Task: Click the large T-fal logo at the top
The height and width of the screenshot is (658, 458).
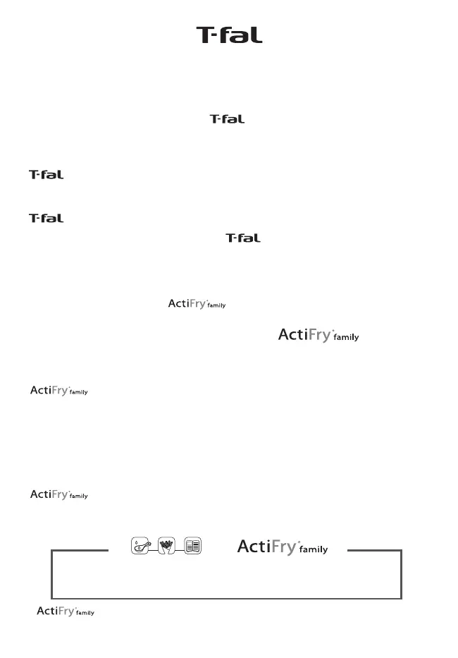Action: pyautogui.click(x=229, y=35)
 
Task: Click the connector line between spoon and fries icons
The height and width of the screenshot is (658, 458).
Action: pyautogui.click(x=154, y=547)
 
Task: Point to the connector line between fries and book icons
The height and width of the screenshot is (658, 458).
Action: pyautogui.click(x=180, y=547)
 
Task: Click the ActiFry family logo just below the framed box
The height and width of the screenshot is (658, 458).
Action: pyautogui.click(x=65, y=611)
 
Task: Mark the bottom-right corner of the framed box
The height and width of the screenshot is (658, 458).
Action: pyautogui.click(x=401, y=598)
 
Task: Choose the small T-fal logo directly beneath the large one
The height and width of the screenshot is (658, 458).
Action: pyautogui.click(x=227, y=119)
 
